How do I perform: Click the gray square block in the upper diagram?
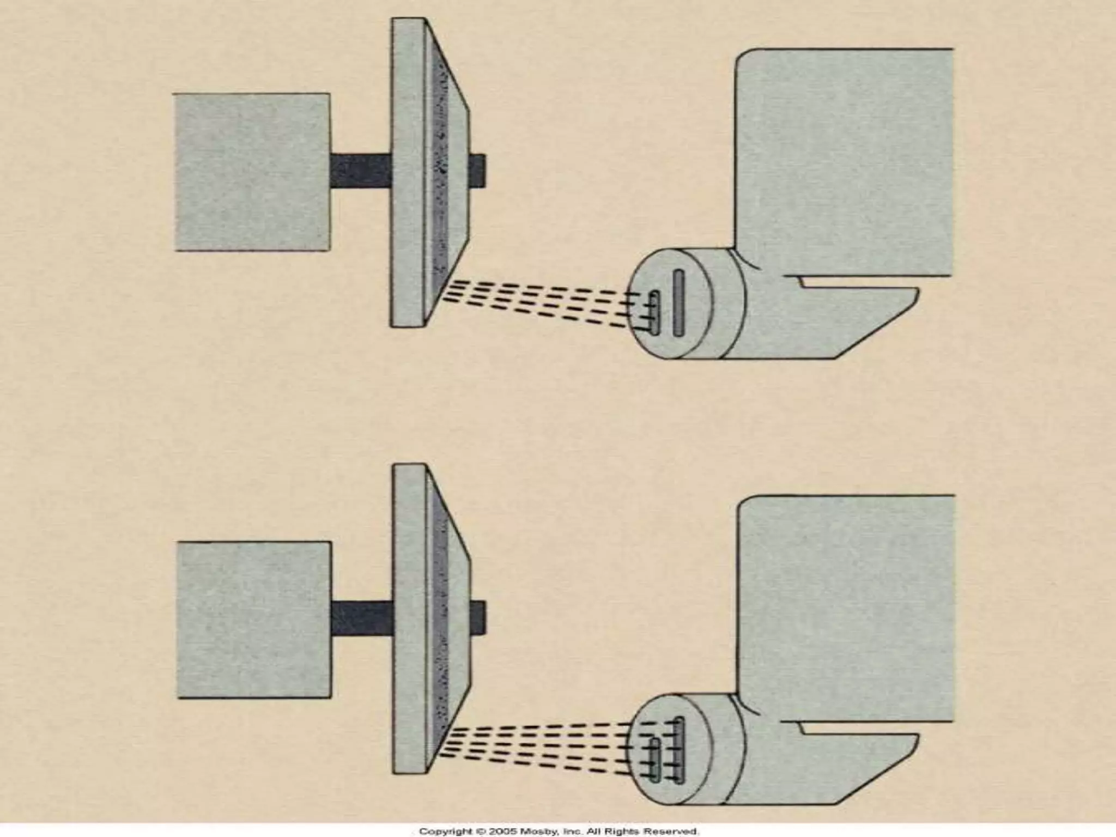pyautogui.click(x=252, y=172)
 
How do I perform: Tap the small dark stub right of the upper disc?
pyautogui.click(x=477, y=171)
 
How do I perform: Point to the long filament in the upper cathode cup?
pyautogui.click(x=679, y=303)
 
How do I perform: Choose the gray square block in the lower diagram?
pyautogui.click(x=254, y=620)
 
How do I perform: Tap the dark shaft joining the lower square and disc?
pyautogui.click(x=362, y=618)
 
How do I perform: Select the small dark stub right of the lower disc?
pyautogui.click(x=478, y=618)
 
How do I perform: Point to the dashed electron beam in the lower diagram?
pyautogui.click(x=539, y=749)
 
